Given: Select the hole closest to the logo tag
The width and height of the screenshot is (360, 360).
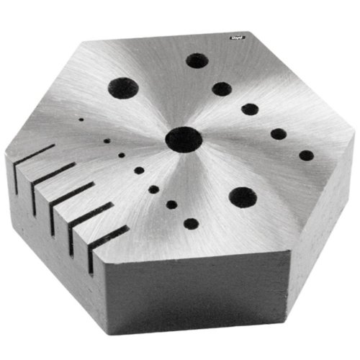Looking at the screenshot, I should click(x=197, y=61).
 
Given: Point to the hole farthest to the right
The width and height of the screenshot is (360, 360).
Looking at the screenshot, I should click(x=306, y=155).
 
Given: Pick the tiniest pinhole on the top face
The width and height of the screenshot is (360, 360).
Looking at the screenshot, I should click(x=81, y=120).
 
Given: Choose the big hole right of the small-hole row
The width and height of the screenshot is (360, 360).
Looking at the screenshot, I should click(x=243, y=197).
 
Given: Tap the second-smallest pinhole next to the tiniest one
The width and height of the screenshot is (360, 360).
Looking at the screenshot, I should click(x=107, y=140).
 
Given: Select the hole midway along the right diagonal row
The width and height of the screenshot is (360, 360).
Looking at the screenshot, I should click(x=250, y=109).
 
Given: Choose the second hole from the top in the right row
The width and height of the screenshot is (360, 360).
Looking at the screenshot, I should click(x=222, y=89).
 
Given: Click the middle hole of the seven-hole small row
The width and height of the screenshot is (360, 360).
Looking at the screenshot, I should click(x=137, y=171).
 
